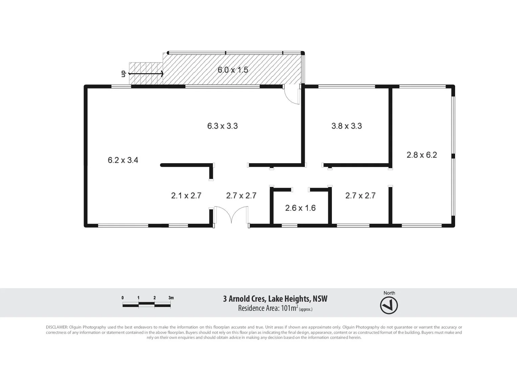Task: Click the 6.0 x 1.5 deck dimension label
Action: click(233, 70)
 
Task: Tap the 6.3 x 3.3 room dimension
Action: click(222, 126)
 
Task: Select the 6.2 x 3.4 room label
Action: click(123, 160)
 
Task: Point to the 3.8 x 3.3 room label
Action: click(346, 126)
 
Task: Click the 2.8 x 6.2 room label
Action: click(422, 155)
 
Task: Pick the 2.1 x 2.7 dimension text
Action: click(186, 196)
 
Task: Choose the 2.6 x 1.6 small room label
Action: click(300, 208)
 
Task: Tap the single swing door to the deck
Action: click(291, 95)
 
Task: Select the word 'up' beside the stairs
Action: click(123, 74)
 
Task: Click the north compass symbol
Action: click(389, 306)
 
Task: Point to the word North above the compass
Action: click(389, 293)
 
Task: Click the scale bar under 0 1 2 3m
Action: click(146, 305)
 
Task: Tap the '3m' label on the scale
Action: click(171, 298)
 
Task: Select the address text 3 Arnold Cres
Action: click(245, 299)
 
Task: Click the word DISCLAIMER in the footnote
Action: click(57, 327)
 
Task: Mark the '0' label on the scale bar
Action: click(122, 298)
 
